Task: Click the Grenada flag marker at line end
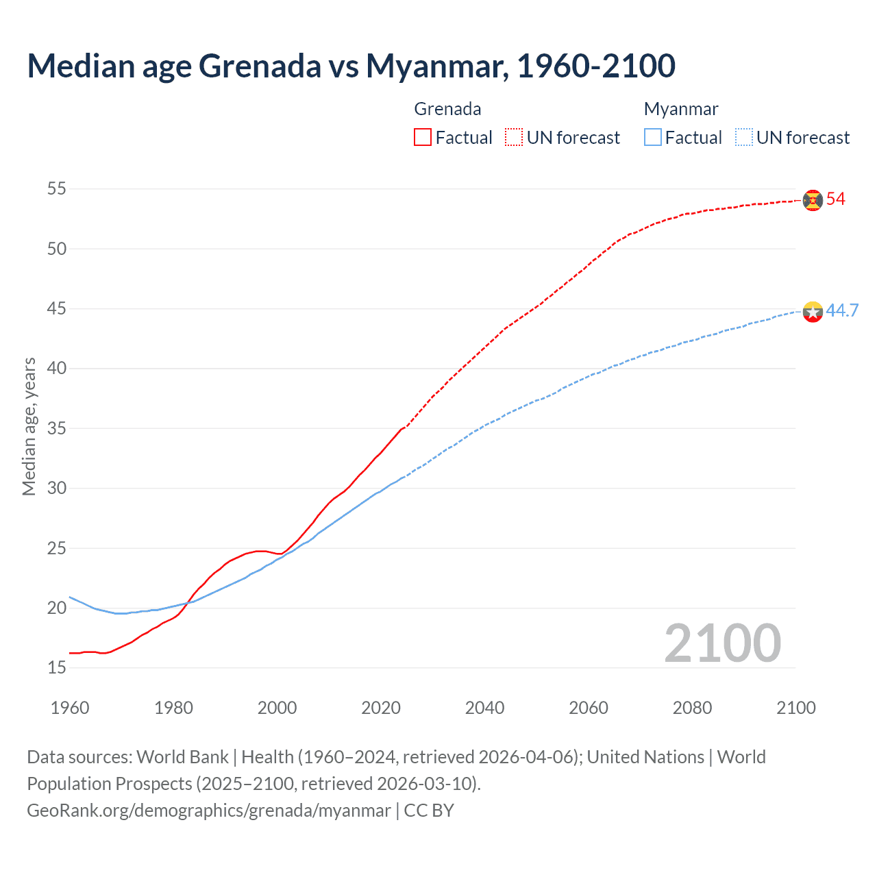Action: pos(813,200)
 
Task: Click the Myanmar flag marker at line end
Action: pos(813,312)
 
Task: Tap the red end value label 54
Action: pos(836,199)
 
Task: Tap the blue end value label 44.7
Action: pos(842,311)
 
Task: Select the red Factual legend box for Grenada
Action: pos(423,138)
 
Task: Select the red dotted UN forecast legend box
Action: pos(514,138)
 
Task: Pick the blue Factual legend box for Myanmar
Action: pos(652,138)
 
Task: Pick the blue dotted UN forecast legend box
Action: pos(743,138)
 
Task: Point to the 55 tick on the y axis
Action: pos(57,188)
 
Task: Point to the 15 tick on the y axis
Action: pos(57,667)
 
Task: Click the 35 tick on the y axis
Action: pos(57,428)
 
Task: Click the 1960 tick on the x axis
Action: pos(70,708)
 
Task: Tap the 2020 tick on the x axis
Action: pos(381,708)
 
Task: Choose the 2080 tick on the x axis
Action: pos(692,708)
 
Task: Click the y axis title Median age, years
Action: pos(29,426)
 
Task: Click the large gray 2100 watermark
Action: pos(722,643)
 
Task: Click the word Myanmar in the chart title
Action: pos(436,66)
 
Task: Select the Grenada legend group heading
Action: pos(447,109)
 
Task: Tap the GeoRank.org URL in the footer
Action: pos(208,811)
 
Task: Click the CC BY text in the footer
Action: pos(429,811)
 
